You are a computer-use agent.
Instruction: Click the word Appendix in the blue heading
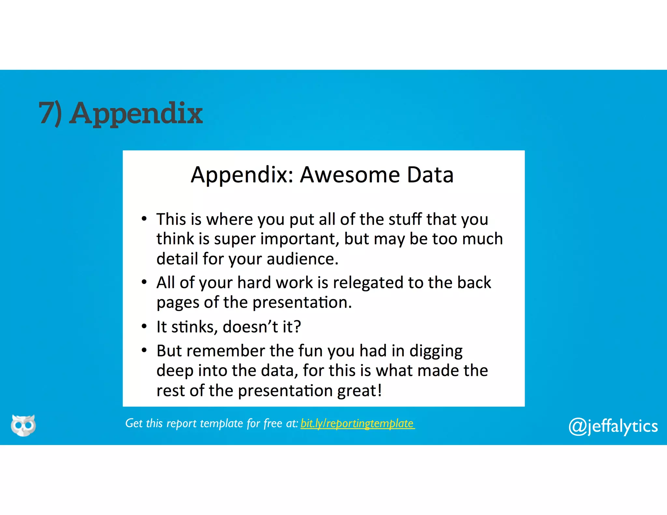136,114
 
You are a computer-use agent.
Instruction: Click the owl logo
23,425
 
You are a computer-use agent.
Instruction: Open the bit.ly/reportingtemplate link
357,424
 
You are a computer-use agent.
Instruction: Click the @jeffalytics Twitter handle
613,426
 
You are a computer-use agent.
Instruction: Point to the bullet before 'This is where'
144,219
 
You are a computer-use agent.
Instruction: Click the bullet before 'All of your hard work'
144,282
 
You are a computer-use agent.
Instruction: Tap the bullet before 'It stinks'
144,326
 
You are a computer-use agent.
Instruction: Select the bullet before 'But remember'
144,350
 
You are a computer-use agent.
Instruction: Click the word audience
302,259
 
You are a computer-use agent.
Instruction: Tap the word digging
436,352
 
